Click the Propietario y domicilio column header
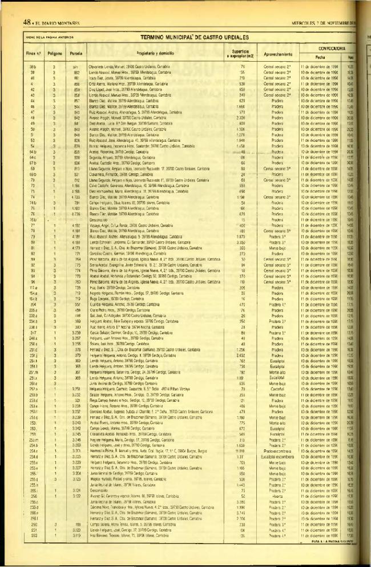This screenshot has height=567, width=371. tap(158, 54)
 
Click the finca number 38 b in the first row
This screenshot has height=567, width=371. tap(33, 67)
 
